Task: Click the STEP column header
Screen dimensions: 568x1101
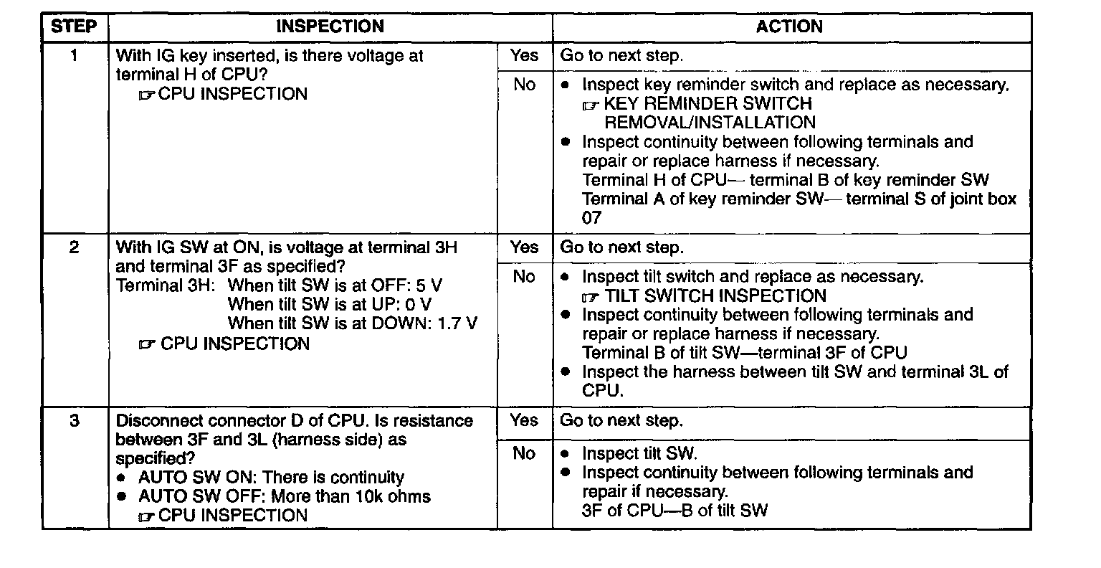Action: click(74, 27)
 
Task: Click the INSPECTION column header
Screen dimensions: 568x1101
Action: click(330, 27)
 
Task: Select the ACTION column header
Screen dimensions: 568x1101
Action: click(789, 27)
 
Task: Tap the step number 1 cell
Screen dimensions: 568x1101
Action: click(75, 55)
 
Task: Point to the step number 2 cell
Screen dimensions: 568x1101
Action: click(75, 247)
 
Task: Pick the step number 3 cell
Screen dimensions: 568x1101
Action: click(75, 420)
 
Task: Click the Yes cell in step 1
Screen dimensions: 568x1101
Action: click(524, 55)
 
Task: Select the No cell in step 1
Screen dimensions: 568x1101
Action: click(524, 85)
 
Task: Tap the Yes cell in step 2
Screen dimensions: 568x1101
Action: click(524, 247)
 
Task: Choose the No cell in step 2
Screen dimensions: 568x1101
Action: click(524, 277)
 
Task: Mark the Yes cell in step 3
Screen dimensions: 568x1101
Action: click(524, 420)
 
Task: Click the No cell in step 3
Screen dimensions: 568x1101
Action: click(524, 453)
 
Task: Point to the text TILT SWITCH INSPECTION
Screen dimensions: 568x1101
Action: click(715, 296)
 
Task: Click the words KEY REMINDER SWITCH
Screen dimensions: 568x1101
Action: click(708, 104)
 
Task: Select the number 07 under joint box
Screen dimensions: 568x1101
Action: click(592, 217)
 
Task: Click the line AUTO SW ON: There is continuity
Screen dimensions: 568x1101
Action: click(271, 478)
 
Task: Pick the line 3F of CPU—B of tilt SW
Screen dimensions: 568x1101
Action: click(675, 511)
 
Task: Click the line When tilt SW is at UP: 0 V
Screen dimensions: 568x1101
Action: click(330, 304)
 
